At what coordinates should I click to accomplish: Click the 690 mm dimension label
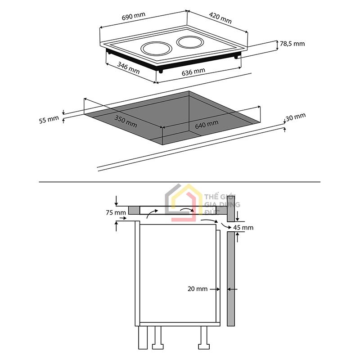click(x=134, y=17)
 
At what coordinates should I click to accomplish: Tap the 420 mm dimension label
click(x=220, y=18)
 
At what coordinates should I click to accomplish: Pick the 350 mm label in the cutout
click(x=126, y=121)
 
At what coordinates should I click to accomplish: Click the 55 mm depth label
click(x=49, y=120)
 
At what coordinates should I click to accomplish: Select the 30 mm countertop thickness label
click(x=296, y=117)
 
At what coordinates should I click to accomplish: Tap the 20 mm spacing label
click(x=198, y=289)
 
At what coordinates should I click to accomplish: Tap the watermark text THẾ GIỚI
click(x=220, y=197)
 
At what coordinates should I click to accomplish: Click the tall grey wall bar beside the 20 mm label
click(x=230, y=279)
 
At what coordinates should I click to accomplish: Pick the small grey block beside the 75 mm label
click(x=134, y=210)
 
